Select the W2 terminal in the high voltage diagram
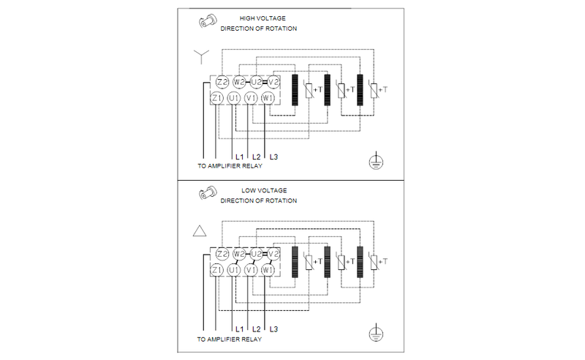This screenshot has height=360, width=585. click(238, 81)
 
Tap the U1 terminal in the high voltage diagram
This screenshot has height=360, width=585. click(234, 97)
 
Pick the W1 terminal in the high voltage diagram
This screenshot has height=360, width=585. click(268, 97)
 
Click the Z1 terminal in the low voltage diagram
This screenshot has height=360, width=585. click(216, 270)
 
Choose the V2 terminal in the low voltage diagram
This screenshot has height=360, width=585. click(273, 254)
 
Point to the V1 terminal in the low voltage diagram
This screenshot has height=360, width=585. click(251, 270)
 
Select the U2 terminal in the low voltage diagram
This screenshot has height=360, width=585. click(256, 254)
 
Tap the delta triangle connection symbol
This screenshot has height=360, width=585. click(200, 232)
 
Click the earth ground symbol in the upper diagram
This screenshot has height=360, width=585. click(376, 162)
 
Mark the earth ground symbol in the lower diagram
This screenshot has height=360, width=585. click(376, 334)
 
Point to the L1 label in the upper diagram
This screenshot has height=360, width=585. click(238, 157)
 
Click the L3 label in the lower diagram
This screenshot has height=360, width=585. click(273, 329)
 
